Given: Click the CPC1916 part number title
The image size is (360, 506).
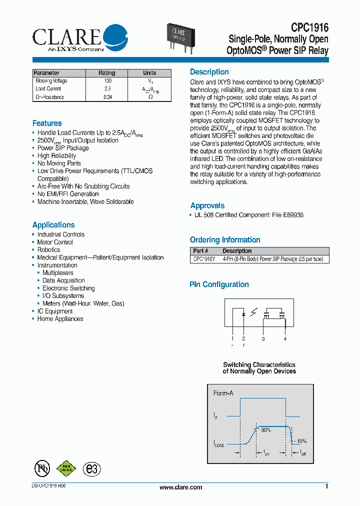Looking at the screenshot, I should point(309,28).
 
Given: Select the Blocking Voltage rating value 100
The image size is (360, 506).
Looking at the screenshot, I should point(107,81).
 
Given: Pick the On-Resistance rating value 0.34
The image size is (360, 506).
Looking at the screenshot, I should point(107,97).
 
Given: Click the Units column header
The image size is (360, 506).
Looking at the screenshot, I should point(149,73).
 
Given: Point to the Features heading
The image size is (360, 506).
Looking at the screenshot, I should point(47,123).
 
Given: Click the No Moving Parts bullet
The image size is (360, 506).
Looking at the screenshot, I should point(59,163).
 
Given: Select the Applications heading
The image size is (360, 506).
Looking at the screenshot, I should point(53,225).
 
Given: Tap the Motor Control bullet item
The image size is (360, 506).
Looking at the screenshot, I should point(55,242).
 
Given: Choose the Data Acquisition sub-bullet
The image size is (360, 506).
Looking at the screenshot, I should point(63,281).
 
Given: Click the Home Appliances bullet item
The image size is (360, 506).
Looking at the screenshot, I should point(60,319).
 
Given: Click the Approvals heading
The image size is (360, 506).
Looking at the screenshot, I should point(207,205).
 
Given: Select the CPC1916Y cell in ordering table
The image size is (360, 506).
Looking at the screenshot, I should point(204,259).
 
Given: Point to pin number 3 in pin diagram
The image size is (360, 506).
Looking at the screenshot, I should point(263,339).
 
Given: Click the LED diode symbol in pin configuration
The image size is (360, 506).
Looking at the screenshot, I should point(243,314).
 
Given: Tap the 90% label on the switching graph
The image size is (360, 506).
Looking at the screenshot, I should point(265,430).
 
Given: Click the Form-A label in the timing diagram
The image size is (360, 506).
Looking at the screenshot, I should point(223,393).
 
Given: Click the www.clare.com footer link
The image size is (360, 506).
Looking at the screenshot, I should point(180,487).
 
